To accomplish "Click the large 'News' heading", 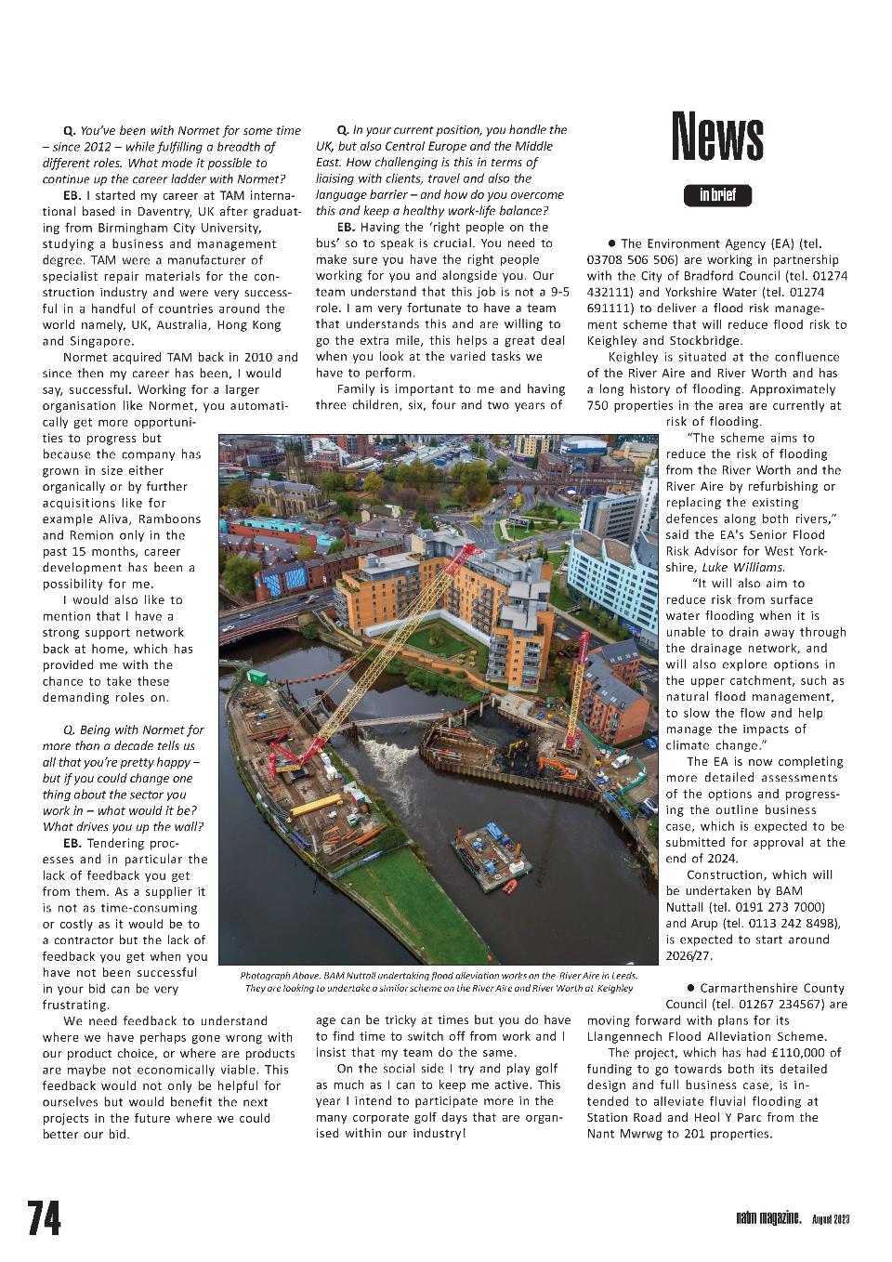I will pos(717,137).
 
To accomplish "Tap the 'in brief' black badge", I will pos(717,195).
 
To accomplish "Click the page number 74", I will pos(44,1218).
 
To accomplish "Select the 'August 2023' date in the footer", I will pos(831,1219).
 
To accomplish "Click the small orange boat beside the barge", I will pos(510,886).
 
